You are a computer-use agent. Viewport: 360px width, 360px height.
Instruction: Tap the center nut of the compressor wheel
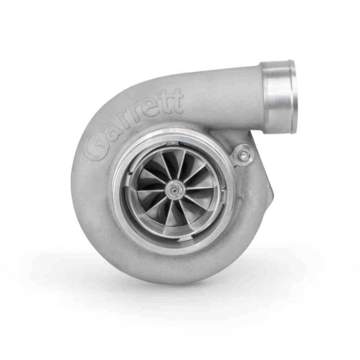pyautogui.click(x=173, y=190)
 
